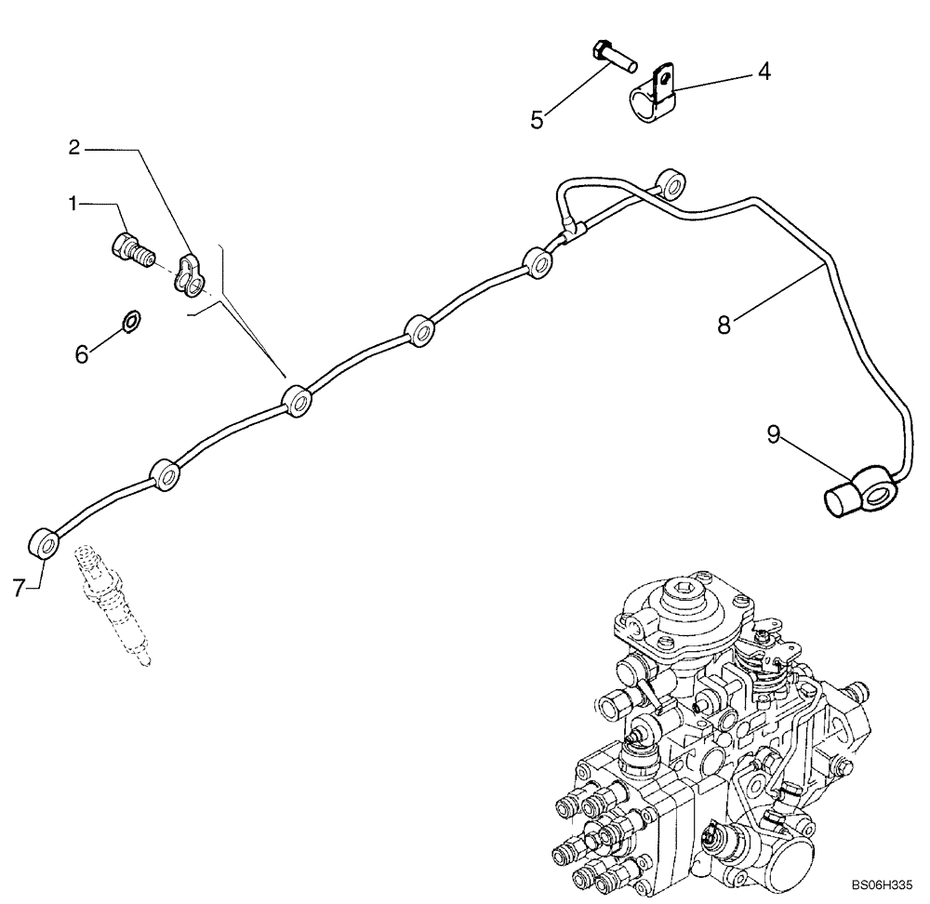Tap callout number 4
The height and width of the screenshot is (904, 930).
pos(763,72)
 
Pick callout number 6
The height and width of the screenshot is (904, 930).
pos(83,353)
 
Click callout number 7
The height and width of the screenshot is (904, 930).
pos(19,587)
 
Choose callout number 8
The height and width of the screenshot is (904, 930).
pos(724,325)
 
